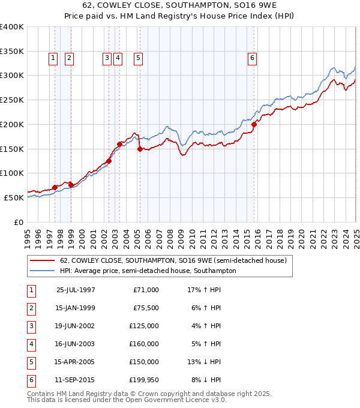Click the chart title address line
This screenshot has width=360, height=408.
[x=180, y=5]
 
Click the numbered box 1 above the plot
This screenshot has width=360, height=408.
[x=53, y=58]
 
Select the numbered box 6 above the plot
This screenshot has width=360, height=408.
[x=252, y=58]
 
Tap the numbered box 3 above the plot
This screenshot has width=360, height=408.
[x=106, y=58]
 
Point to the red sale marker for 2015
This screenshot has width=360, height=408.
[x=254, y=124]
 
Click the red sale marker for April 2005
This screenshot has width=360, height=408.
[x=140, y=149]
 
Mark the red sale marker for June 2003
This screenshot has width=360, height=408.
[x=120, y=143]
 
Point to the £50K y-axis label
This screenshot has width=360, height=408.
[x=14, y=197]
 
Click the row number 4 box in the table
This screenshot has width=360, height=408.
[x=30, y=344]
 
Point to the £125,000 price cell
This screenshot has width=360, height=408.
[x=145, y=326]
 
